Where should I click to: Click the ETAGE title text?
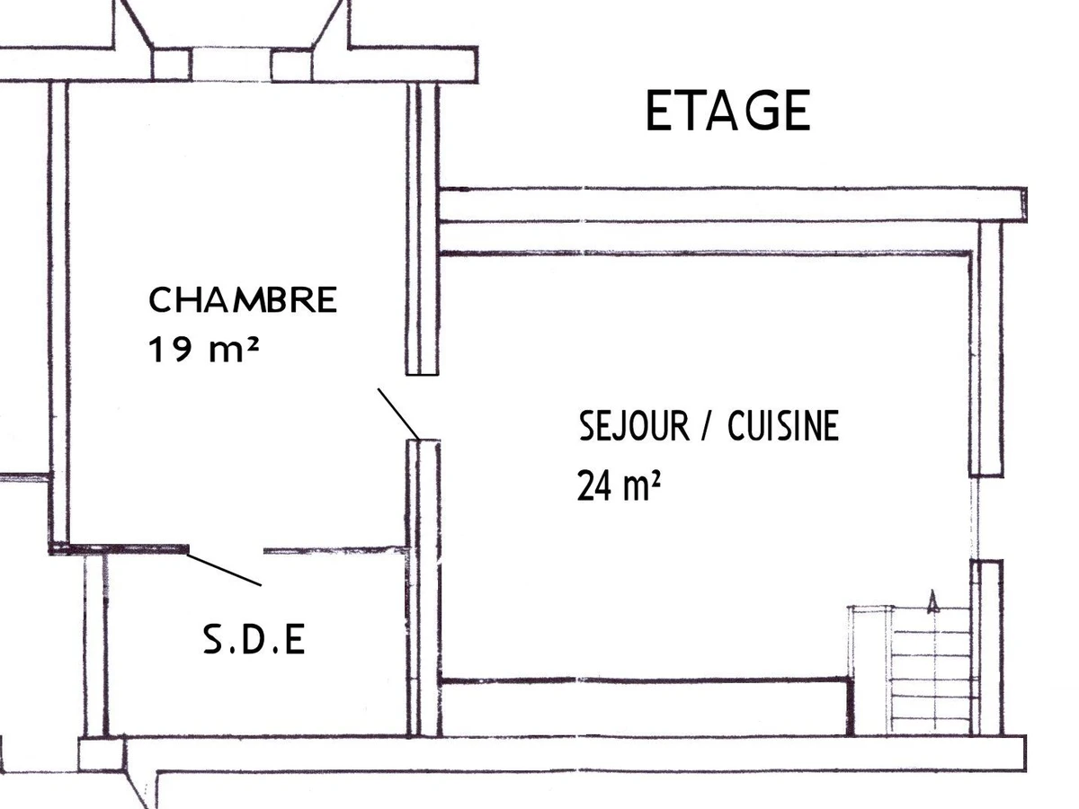tap(727, 110)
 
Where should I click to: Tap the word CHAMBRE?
tap(243, 299)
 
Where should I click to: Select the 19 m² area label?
tap(203, 350)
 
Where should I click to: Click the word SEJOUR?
tap(634, 426)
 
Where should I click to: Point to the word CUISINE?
tap(783, 426)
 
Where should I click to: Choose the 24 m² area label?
tap(619, 485)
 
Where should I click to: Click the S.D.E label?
tap(254, 639)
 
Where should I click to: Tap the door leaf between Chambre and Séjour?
tap(398, 413)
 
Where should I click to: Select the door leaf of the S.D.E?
tap(224, 570)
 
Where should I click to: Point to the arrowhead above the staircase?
tap(932, 601)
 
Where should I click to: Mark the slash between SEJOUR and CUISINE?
tap(707, 426)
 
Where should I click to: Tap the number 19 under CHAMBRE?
tap(170, 350)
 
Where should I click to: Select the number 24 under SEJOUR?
tap(595, 485)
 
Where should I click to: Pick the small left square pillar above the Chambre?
tap(171, 65)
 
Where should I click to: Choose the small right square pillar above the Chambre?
tap(291, 65)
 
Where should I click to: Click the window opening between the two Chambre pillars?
tap(231, 65)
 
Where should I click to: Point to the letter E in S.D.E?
tap(295, 639)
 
